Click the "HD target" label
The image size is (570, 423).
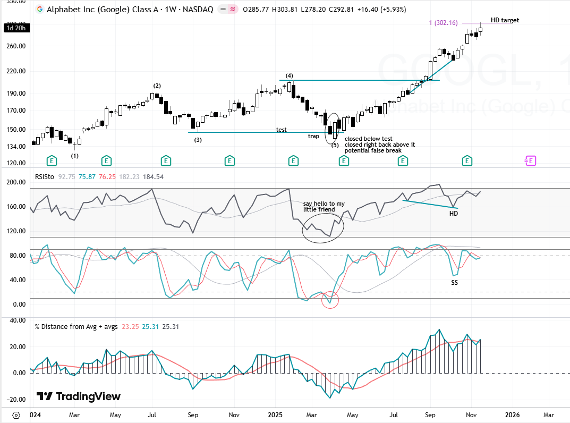[x=504, y=20]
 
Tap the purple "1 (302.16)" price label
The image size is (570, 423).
[x=443, y=23]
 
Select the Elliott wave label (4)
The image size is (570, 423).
[x=290, y=75]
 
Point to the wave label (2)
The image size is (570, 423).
[x=157, y=86]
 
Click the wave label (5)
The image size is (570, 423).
[x=335, y=145]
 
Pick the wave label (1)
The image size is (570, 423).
[x=75, y=156]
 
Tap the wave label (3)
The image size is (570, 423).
[x=198, y=140]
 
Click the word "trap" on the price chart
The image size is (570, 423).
[x=313, y=136]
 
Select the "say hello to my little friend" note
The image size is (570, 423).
[x=324, y=207]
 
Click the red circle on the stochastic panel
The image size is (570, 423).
[x=330, y=301]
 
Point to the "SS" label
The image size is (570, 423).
[x=454, y=283]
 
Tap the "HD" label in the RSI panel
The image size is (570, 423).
[x=453, y=213]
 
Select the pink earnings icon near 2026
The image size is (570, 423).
[x=530, y=160]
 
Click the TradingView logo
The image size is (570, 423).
[x=79, y=396]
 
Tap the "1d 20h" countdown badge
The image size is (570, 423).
[x=14, y=28]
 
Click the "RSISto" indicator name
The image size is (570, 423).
[x=45, y=176]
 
